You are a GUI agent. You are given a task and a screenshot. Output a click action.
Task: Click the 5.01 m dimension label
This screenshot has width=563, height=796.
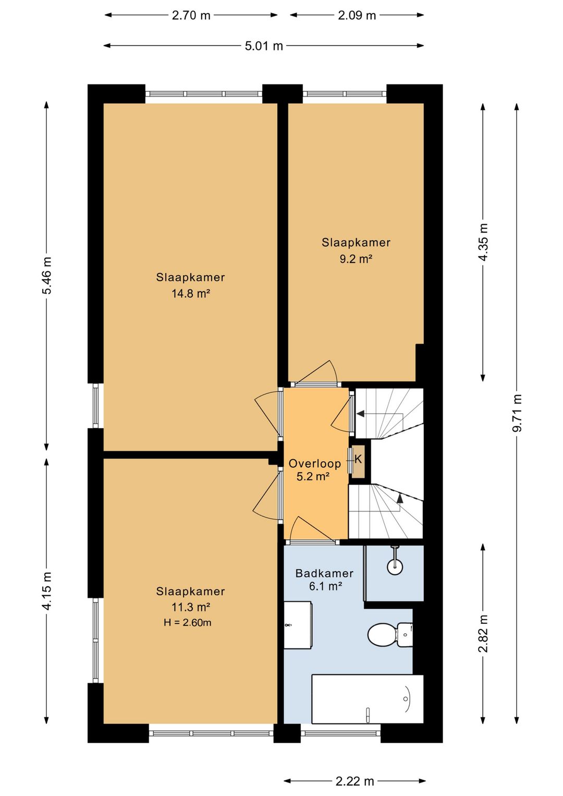coord(264,46)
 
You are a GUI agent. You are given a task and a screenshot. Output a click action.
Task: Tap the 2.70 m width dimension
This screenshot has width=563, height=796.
coord(191,16)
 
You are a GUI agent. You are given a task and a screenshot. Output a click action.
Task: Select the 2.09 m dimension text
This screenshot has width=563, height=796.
coord(357,16)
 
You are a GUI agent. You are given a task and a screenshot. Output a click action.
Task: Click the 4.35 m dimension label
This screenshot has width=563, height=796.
coord(483,242)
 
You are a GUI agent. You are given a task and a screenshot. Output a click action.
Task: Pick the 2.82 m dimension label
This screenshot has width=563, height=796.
coord(483,634)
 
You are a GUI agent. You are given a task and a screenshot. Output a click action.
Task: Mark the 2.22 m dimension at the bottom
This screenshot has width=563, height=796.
coord(355,781)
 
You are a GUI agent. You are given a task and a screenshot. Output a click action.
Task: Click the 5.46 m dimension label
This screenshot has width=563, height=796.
coord(47,275)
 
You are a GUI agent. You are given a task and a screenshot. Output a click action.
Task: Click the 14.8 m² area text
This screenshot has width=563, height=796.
coord(191,294)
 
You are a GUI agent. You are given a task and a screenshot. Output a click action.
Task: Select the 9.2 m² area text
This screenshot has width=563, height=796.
coord(356,259)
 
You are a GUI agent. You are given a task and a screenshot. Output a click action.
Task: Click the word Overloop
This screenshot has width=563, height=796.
coord(315,463)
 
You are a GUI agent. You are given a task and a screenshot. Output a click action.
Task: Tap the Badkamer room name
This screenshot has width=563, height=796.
coord(324,573)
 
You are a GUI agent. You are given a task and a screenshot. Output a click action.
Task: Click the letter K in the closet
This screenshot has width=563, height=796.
coord(358,459)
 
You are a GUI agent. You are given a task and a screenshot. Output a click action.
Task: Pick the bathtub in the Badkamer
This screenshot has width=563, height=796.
coord(368,699)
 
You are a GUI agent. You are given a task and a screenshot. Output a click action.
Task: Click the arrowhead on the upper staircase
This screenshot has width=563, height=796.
coord(361,414)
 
